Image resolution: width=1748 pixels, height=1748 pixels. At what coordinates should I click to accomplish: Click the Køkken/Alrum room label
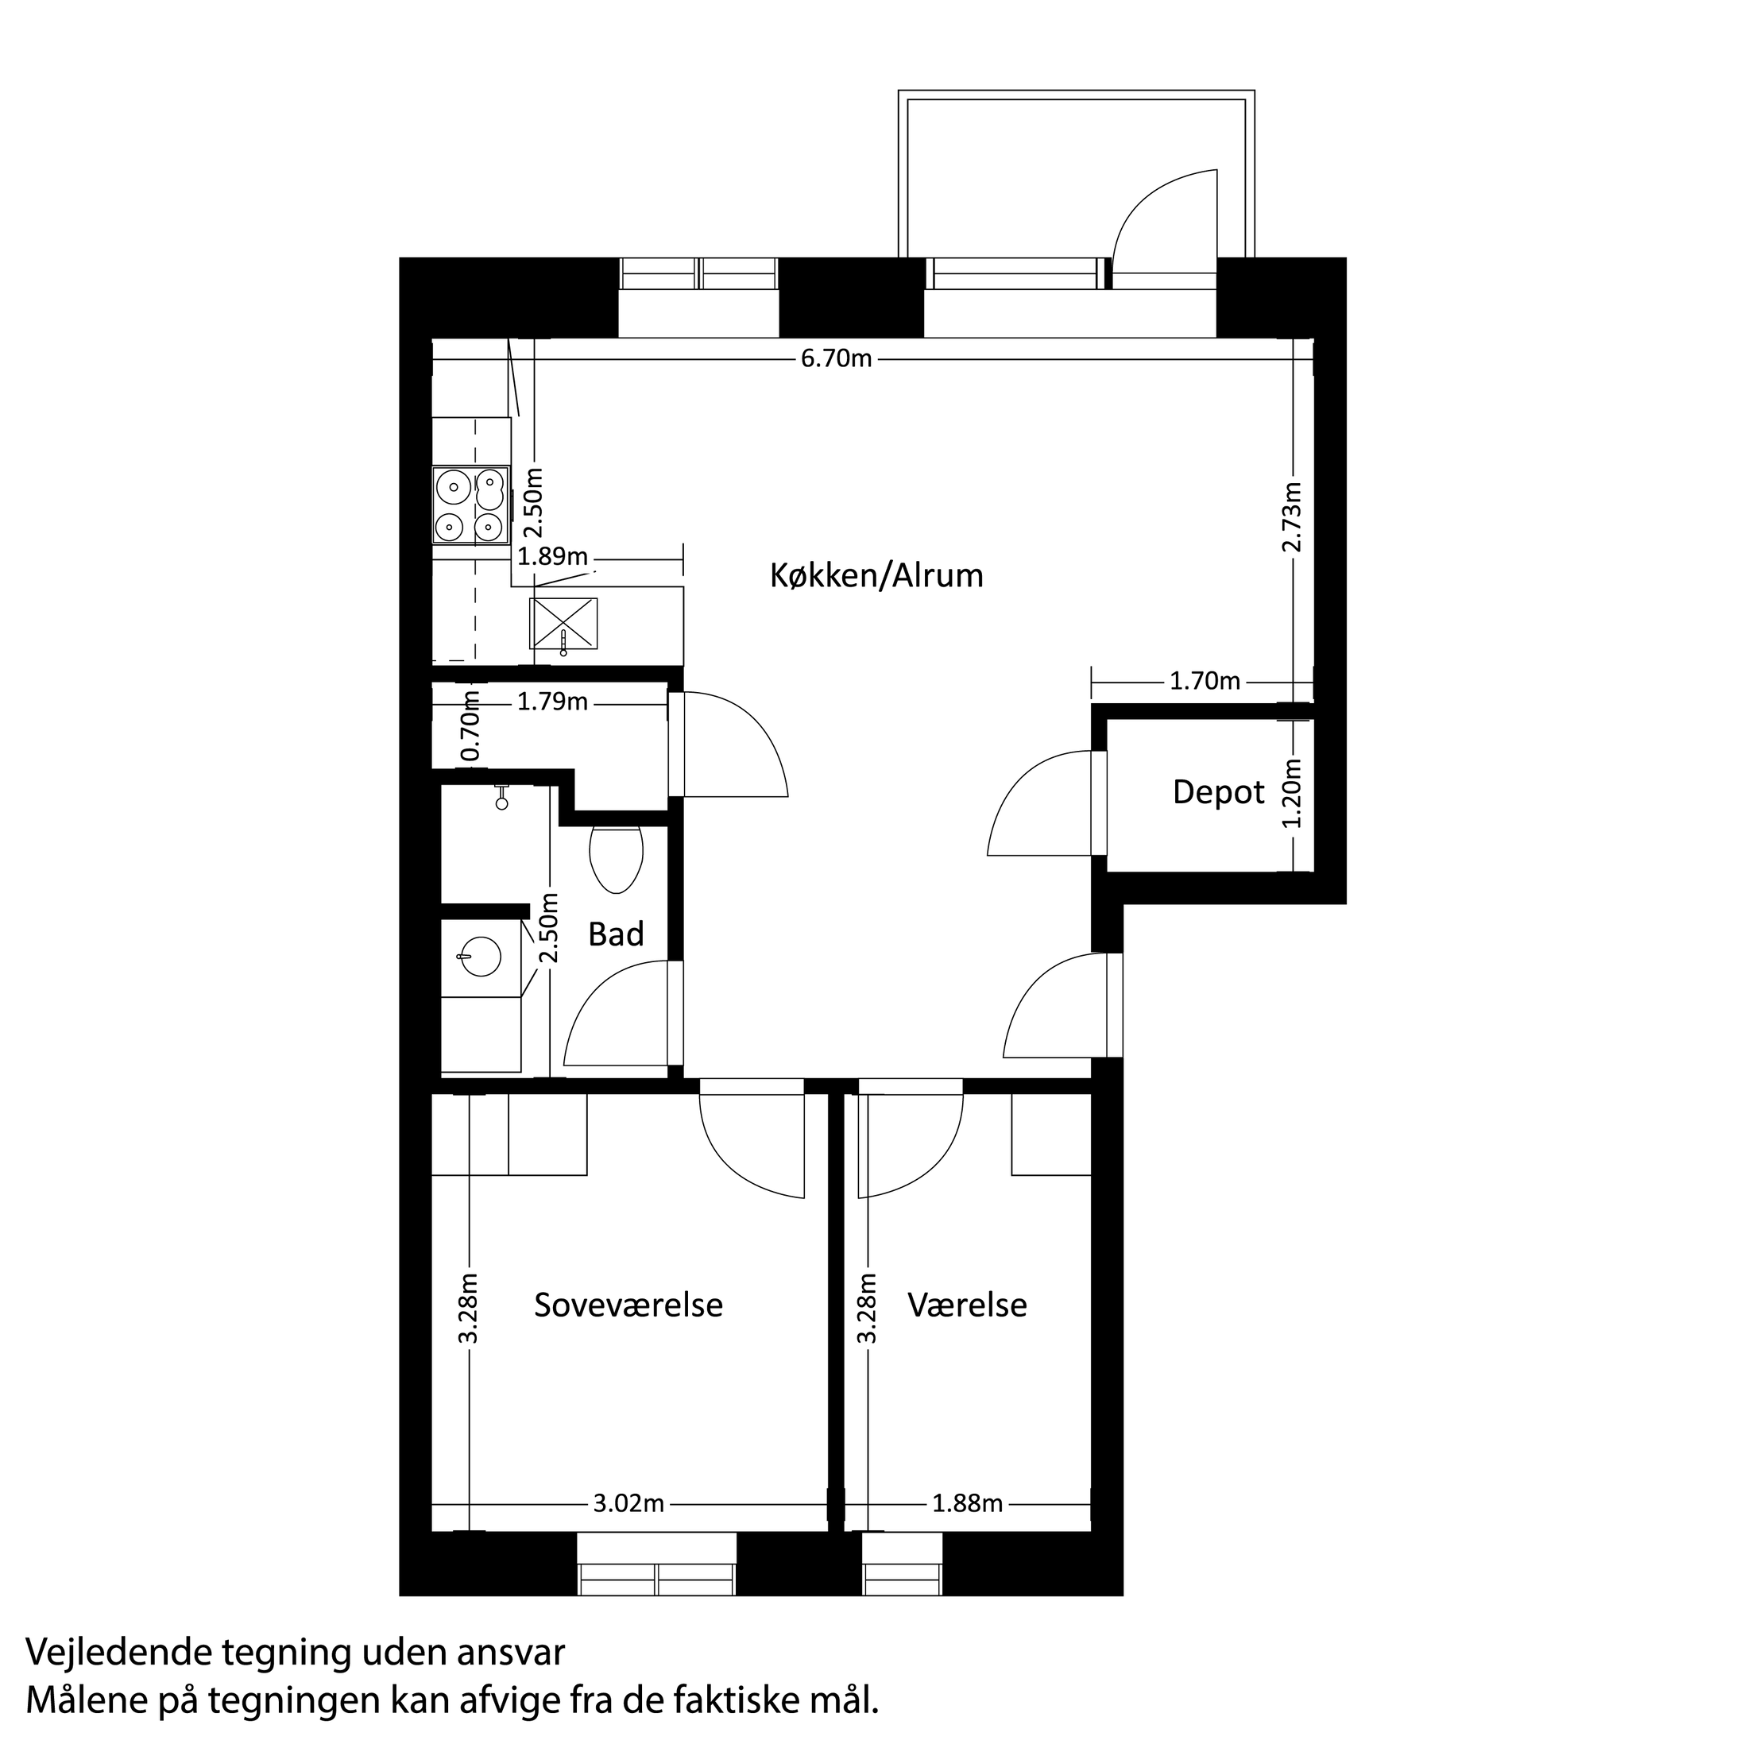click(876, 575)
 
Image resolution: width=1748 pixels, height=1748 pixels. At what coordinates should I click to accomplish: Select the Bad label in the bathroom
click(616, 934)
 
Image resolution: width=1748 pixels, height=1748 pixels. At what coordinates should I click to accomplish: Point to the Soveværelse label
click(628, 1305)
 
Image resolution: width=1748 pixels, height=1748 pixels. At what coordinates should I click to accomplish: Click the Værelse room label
click(967, 1305)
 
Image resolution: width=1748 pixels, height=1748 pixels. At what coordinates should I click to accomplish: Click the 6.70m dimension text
click(836, 359)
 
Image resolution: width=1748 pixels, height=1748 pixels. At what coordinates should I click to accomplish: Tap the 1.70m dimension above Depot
click(1205, 681)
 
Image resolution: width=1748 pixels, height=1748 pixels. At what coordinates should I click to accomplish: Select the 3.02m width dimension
click(628, 1504)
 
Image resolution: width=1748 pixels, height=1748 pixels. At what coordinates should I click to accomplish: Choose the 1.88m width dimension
click(967, 1504)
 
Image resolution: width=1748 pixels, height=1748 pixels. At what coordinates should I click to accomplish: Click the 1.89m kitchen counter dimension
click(553, 556)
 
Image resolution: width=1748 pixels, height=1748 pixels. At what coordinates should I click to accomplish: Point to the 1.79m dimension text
click(552, 702)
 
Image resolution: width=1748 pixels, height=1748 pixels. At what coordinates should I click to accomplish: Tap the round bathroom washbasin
click(480, 957)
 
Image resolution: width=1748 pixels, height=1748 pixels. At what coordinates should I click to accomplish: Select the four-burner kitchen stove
click(470, 506)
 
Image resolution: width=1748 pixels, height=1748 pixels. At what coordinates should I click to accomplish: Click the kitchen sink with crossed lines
click(563, 624)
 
